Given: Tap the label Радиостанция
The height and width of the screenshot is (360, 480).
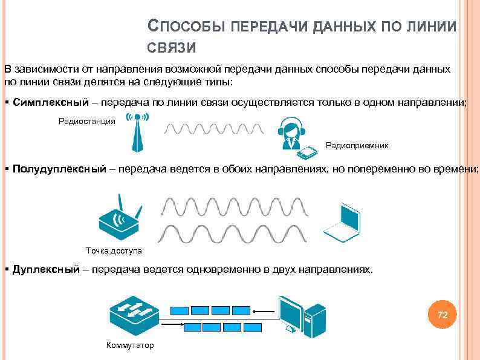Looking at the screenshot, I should coord(86,122).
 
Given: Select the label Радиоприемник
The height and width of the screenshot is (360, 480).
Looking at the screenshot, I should coord(357,146).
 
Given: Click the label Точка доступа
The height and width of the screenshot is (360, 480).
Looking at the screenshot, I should coord(114,250).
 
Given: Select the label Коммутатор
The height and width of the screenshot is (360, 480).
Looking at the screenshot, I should coord(130,345).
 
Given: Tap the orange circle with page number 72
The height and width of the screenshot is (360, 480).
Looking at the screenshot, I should coord(442,315).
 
